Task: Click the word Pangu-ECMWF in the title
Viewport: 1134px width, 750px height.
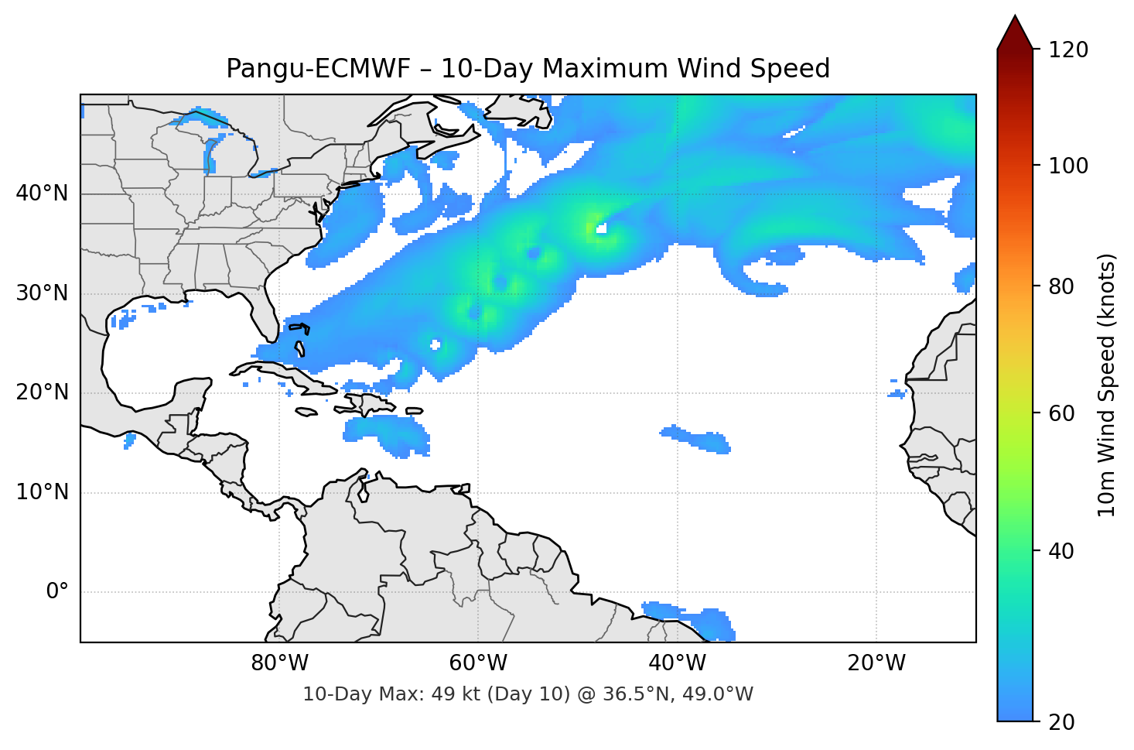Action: point(317,69)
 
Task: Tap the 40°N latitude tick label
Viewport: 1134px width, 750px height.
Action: point(42,193)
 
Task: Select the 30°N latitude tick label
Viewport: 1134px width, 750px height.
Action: point(42,293)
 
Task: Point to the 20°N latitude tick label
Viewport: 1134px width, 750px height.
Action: point(42,392)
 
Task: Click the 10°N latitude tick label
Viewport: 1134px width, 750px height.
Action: point(42,492)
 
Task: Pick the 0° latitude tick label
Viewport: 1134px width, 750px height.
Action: point(57,592)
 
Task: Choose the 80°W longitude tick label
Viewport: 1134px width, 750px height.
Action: point(279,663)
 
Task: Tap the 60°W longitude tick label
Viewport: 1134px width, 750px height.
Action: point(478,663)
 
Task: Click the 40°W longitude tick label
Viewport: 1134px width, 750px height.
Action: point(677,663)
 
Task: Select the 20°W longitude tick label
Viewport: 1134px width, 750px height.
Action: point(876,663)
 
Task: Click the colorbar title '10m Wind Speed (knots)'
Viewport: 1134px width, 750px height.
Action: point(1107,385)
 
